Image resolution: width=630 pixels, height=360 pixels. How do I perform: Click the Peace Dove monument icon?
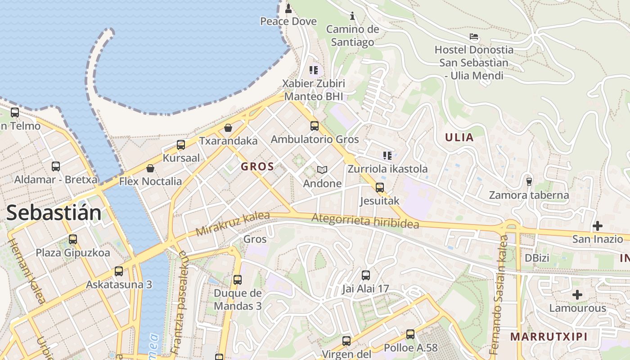pyautogui.click(x=288, y=8)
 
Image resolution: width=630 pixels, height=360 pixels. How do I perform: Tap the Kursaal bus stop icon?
pyautogui.click(x=181, y=144)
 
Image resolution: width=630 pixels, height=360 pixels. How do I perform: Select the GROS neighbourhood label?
pyautogui.click(x=257, y=166)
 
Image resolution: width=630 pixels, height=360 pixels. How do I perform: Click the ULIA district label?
pyautogui.click(x=459, y=138)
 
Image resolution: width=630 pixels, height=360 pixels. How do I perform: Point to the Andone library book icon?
pyautogui.click(x=322, y=170)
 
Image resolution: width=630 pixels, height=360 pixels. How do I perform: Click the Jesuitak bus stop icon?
pyautogui.click(x=380, y=187)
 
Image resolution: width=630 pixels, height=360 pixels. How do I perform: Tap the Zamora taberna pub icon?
pyautogui.click(x=529, y=181)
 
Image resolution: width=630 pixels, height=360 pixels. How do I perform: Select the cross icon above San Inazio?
pyautogui.click(x=598, y=225)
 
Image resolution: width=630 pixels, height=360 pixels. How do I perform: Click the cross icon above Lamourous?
pyautogui.click(x=577, y=295)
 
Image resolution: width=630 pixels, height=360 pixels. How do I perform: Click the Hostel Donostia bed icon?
pyautogui.click(x=473, y=36)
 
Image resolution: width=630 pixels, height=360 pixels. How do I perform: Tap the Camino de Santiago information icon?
pyautogui.click(x=352, y=16)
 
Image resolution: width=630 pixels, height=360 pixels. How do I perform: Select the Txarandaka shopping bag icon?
pyautogui.click(x=228, y=128)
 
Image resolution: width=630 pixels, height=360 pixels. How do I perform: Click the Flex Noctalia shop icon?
pyautogui.click(x=150, y=168)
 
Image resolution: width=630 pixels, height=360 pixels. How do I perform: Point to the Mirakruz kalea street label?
pyautogui.click(x=233, y=224)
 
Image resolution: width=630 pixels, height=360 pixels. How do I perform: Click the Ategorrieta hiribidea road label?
pyautogui.click(x=365, y=221)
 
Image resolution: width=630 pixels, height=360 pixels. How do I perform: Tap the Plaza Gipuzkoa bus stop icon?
pyautogui.click(x=73, y=239)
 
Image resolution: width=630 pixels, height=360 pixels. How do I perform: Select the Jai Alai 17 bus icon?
pyautogui.click(x=366, y=274)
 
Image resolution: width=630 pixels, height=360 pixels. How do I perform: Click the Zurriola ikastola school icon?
pyautogui.click(x=387, y=156)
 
